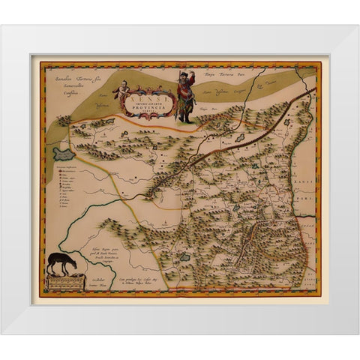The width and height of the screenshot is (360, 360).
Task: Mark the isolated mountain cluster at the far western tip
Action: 64,119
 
